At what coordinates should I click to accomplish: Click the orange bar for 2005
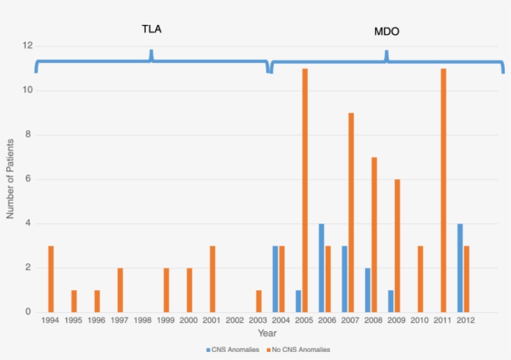pos(305,190)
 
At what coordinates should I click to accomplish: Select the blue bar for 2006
pos(322,268)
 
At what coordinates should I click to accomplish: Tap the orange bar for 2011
pos(443,190)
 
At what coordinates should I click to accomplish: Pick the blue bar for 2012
pos(460,268)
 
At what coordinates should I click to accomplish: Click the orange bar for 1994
pos(51,279)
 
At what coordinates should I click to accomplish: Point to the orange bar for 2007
pos(351,212)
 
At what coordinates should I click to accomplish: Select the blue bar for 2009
pos(391,301)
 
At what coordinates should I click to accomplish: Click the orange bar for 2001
pos(213,279)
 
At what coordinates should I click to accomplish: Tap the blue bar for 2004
pos(275,279)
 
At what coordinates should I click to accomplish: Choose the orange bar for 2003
pos(259,301)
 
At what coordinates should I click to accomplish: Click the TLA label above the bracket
pos(151,29)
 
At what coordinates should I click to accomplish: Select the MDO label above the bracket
pos(386,31)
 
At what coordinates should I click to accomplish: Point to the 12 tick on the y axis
pos(27,46)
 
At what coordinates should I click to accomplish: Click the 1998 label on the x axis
pos(143,320)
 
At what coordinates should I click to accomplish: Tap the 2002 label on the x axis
pos(235,320)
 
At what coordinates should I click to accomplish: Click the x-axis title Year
pos(267,333)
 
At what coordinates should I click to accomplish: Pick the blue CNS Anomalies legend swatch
pos(209,349)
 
